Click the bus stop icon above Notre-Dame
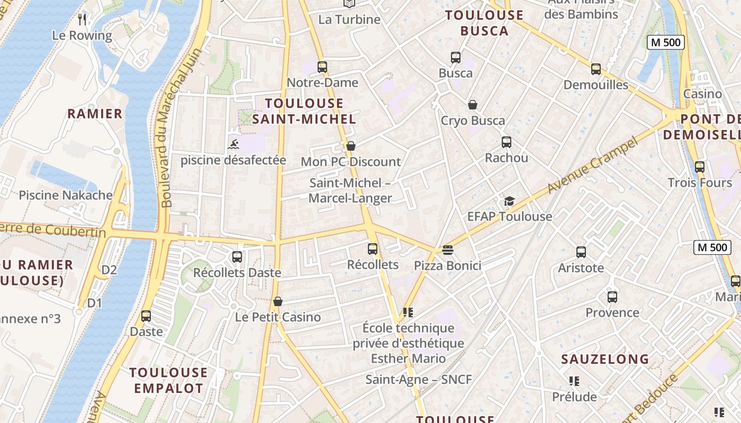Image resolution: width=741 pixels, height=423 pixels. pyautogui.click(x=322, y=67)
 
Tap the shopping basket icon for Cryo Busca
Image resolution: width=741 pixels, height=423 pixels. pyautogui.click(x=473, y=105)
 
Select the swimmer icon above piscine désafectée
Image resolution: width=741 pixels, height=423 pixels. pyautogui.click(x=233, y=144)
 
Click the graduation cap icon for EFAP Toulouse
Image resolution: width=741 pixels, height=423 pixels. pyautogui.click(x=509, y=201)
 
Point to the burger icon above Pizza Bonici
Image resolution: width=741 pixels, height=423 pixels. pyautogui.click(x=448, y=250)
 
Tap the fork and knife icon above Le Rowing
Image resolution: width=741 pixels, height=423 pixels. pyautogui.click(x=82, y=20)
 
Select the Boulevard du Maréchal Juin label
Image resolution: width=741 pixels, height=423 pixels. pyautogui.click(x=181, y=127)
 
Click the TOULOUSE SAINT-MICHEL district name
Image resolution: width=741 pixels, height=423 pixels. pyautogui.click(x=304, y=111)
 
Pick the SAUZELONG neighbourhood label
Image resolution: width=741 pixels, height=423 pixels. pyautogui.click(x=605, y=359)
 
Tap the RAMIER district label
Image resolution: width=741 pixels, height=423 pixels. pyautogui.click(x=95, y=114)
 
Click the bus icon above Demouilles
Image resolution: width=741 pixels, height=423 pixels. pyautogui.click(x=596, y=69)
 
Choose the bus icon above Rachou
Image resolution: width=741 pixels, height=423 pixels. pyautogui.click(x=507, y=142)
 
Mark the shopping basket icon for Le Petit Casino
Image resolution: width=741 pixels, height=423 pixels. pyautogui.click(x=278, y=302)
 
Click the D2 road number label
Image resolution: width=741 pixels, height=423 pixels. pyautogui.click(x=109, y=270)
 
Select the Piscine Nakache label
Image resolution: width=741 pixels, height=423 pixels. pyautogui.click(x=66, y=195)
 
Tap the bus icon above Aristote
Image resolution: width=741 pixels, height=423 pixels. pyautogui.click(x=581, y=252)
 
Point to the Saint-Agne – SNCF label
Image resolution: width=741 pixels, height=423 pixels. pyautogui.click(x=418, y=379)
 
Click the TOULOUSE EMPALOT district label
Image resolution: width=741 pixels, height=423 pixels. pyautogui.click(x=168, y=380)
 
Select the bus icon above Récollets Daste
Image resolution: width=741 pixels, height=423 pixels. pyautogui.click(x=237, y=257)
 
